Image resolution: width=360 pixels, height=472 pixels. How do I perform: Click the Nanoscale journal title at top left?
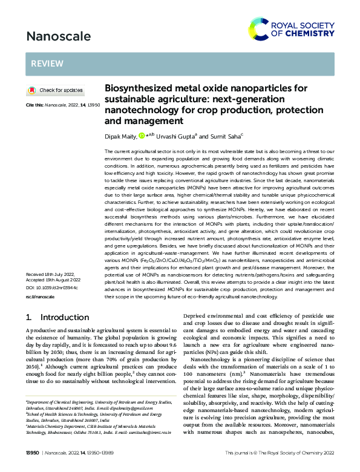pyautogui.click(x=58, y=36)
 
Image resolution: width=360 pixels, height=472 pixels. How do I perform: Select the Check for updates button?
pyautogui.click(x=55, y=90)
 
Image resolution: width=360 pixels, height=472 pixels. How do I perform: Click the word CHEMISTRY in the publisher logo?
pyautogui.click(x=307, y=34)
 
